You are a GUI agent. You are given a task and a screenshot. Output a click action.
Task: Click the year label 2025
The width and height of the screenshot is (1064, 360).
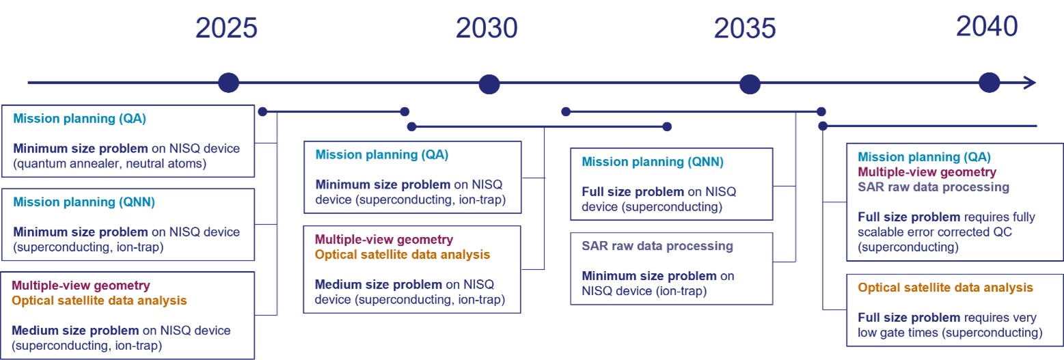click(226, 29)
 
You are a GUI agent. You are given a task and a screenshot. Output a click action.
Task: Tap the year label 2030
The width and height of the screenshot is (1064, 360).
click(487, 29)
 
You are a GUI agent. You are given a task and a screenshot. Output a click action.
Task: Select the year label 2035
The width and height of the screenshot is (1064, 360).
click(745, 29)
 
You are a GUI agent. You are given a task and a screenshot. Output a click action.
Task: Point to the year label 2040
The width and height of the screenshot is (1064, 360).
click(987, 27)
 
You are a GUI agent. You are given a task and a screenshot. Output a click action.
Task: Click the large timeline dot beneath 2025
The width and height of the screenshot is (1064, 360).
click(228, 83)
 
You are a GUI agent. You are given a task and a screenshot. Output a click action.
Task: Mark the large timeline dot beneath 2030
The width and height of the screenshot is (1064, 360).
click(489, 84)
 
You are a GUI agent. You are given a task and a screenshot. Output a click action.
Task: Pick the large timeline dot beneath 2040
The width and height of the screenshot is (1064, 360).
click(990, 83)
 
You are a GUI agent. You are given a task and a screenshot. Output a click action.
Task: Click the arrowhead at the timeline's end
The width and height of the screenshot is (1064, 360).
click(1030, 83)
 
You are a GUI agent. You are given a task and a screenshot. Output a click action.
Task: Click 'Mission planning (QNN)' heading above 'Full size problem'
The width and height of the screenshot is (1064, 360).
click(652, 162)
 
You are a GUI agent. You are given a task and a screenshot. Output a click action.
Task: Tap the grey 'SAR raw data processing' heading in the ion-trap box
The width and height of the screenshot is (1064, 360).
click(657, 246)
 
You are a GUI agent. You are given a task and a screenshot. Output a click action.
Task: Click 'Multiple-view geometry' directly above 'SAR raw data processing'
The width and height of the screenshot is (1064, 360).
click(927, 171)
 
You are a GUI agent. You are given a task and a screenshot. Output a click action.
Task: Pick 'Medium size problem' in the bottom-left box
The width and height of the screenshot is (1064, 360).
click(65, 331)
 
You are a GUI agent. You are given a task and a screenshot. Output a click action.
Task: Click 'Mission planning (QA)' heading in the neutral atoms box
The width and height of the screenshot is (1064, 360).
click(80, 118)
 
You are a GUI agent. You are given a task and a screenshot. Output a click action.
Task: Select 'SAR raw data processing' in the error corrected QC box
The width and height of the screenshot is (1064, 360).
click(933, 186)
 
